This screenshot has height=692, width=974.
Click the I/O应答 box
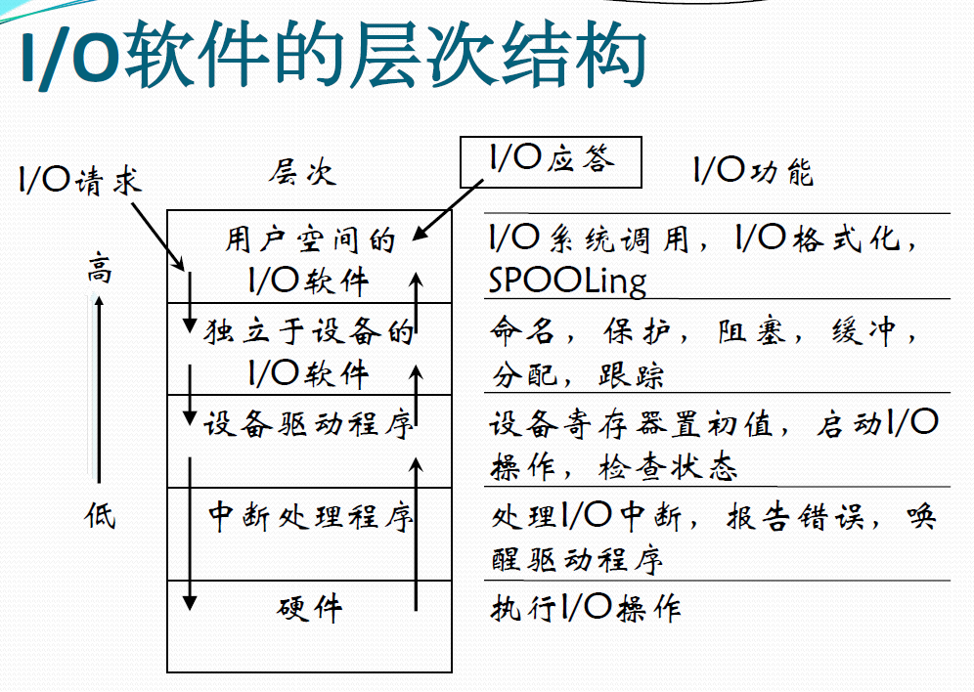pos(551,160)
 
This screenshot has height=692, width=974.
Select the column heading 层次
pos(302,173)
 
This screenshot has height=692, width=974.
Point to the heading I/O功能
pos(753,172)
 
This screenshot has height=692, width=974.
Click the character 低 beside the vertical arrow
pos(99,514)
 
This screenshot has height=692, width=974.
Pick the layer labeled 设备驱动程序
pos(309,424)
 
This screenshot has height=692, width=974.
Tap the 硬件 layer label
pos(309,608)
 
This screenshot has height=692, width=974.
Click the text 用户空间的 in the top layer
pos(309,239)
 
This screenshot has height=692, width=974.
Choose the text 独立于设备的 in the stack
pos(309,332)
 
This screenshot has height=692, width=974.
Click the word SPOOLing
pos(567,281)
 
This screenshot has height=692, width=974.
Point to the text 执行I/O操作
pos(585,608)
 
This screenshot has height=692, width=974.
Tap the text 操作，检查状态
pos(613,468)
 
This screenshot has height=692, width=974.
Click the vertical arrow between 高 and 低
pos(99,391)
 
